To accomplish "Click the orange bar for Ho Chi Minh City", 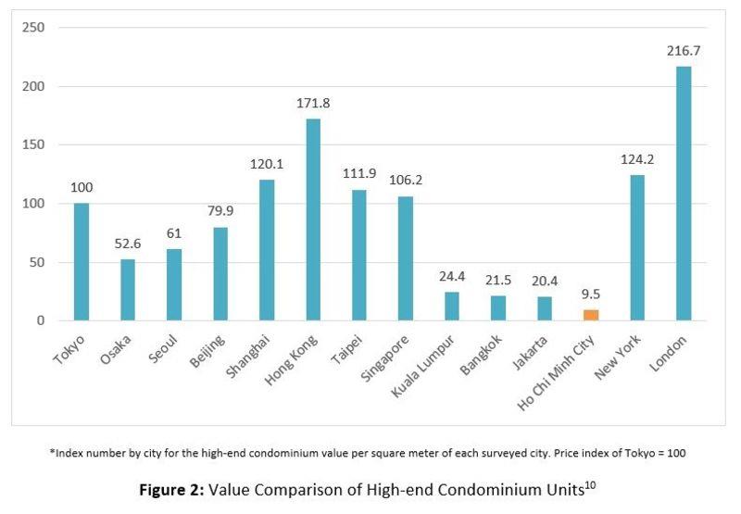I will pos(591,315).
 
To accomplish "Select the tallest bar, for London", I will pos(684,194).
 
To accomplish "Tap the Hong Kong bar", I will pos(313,219).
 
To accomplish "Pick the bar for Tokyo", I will pos(82,262).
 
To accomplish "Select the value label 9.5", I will pos(591,295).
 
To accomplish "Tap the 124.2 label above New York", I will pos(637,160).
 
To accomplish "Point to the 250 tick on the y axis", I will pos(33,28).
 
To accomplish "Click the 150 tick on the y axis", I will pos(33,145).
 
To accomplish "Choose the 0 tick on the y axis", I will pos(40,320).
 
